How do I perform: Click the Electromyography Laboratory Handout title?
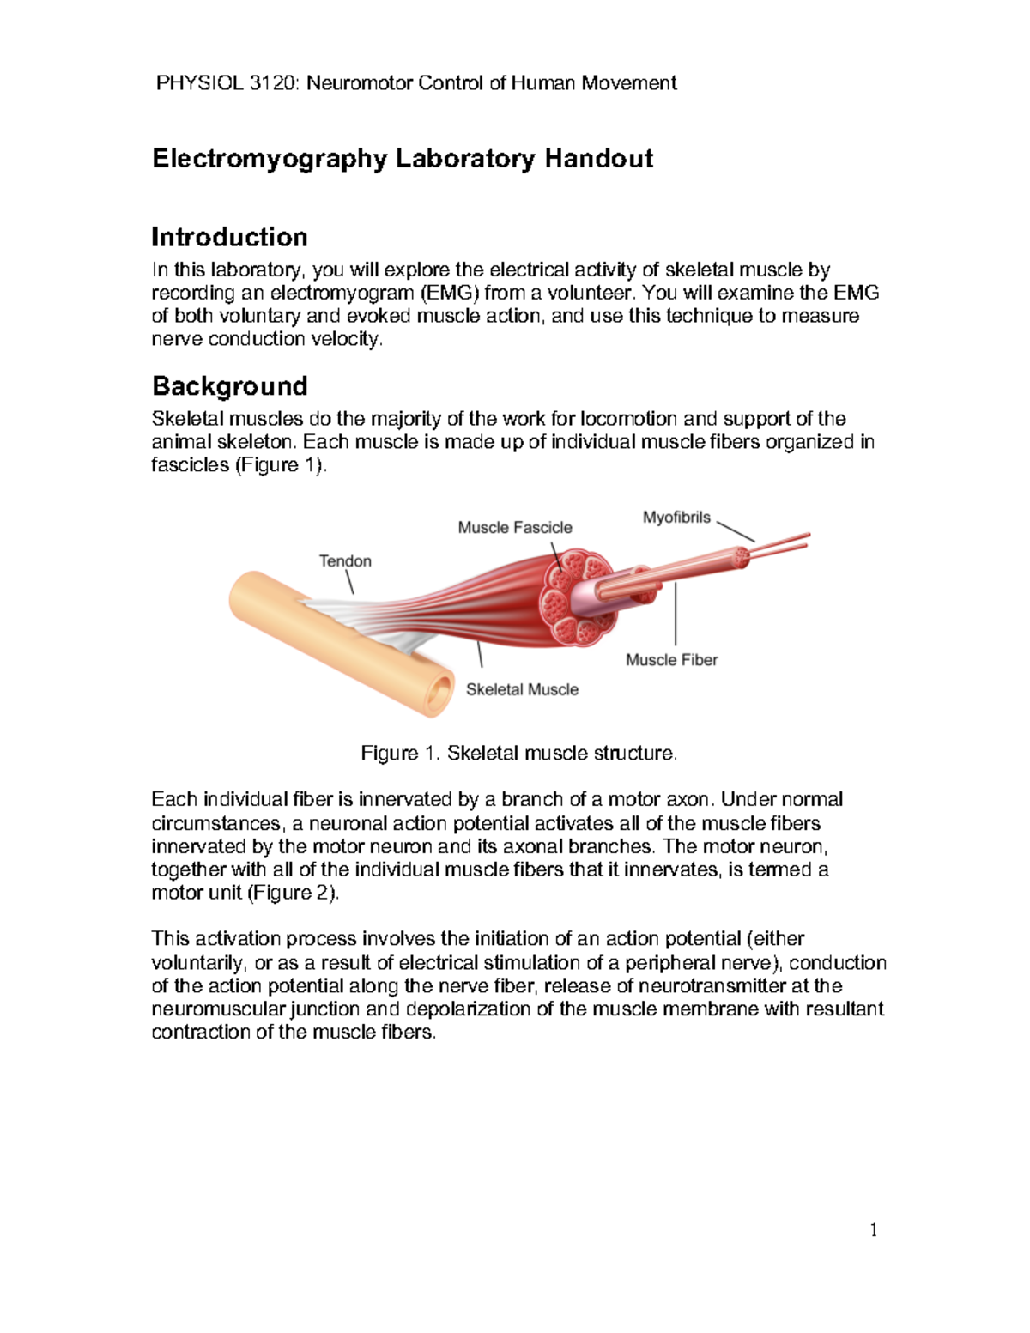click(x=403, y=159)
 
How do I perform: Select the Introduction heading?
click(x=229, y=237)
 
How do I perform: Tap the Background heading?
click(x=229, y=386)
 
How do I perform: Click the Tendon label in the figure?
click(x=345, y=561)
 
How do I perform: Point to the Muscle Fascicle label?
click(x=514, y=528)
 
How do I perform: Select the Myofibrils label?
click(x=676, y=518)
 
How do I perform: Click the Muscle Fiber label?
click(x=671, y=660)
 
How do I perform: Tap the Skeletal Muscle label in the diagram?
click(x=522, y=689)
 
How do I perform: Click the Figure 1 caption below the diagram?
click(x=519, y=754)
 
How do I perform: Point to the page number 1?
click(x=874, y=1231)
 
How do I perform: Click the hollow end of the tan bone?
click(x=438, y=692)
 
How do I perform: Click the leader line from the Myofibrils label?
click(x=735, y=531)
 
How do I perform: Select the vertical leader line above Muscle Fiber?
click(x=676, y=614)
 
